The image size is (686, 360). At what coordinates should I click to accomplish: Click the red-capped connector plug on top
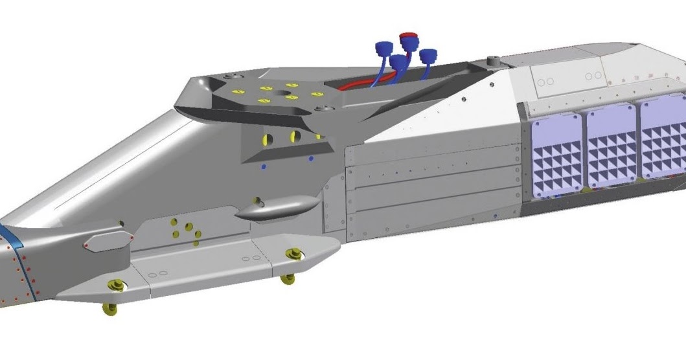[408, 39]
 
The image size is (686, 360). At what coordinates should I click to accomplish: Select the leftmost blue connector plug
[385, 49]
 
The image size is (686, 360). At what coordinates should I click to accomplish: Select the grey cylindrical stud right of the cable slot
[492, 61]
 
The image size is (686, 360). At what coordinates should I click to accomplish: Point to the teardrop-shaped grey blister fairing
[277, 209]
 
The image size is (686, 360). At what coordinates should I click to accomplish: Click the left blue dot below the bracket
[264, 166]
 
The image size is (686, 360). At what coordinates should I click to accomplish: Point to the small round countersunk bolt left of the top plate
[228, 77]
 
